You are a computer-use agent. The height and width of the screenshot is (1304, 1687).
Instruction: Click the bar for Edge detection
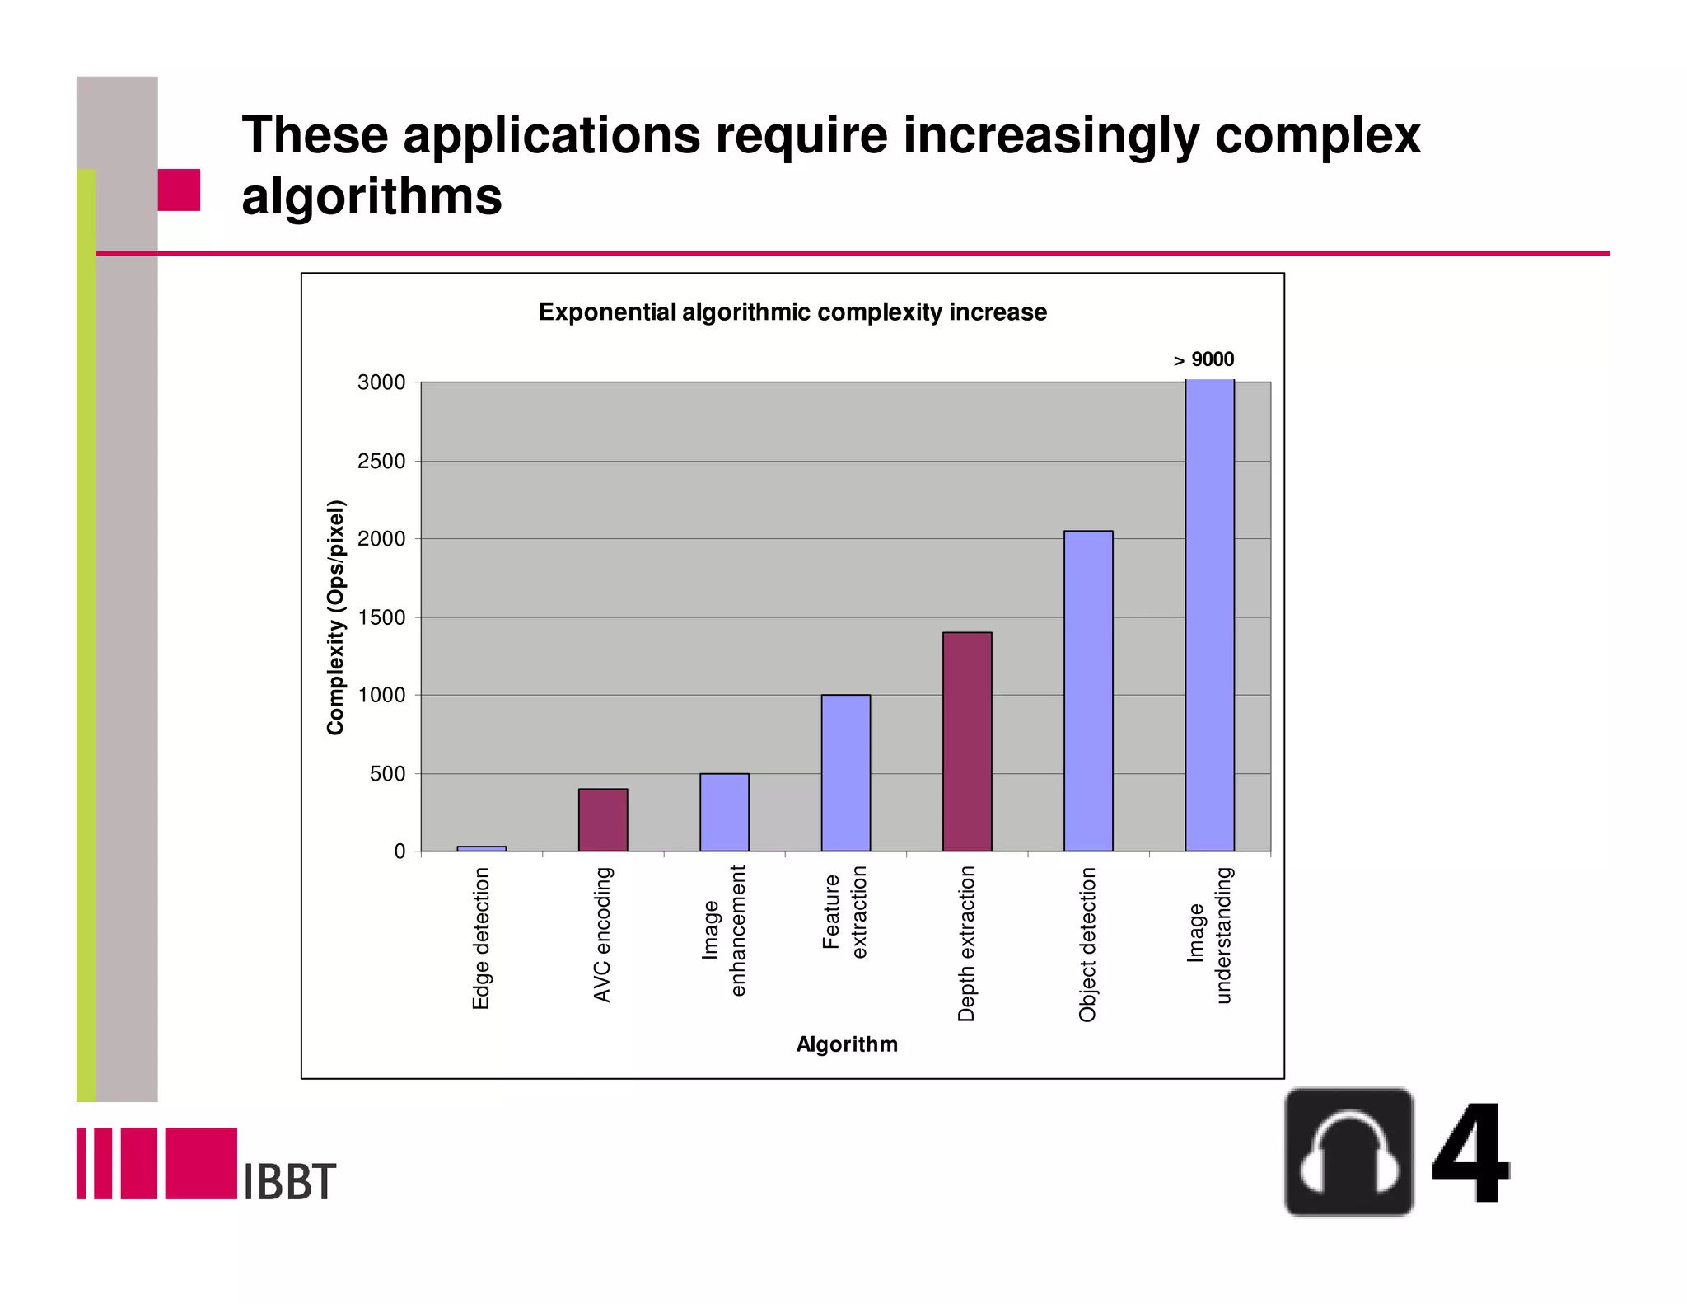pos(481,848)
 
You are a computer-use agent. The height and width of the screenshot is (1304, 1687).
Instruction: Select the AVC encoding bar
pos(603,819)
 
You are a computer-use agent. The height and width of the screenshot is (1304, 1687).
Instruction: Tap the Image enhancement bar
pos(724,812)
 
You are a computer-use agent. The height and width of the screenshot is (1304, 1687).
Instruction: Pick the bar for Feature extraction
pos(845,772)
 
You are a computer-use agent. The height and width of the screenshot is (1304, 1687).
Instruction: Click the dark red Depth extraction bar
pos(967,741)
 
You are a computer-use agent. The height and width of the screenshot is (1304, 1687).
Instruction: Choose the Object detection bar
pos(1088,691)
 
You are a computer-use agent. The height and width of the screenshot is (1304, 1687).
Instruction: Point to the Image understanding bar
pos(1209,615)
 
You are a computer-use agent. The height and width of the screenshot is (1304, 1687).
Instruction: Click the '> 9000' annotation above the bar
pos(1203,359)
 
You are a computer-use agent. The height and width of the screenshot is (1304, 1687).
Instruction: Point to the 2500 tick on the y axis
pos(381,461)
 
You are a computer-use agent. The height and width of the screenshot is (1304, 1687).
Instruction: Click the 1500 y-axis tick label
pos(381,617)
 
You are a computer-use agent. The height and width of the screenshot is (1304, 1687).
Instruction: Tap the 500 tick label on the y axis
pos(387,774)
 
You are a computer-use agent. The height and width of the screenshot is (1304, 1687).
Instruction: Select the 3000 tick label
pos(381,382)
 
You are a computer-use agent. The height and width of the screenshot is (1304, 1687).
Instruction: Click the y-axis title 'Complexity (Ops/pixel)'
pos(335,617)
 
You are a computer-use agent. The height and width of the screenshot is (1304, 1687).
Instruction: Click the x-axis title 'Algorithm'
pos(847,1044)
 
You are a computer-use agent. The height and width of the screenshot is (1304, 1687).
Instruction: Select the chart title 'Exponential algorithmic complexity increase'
pos(792,312)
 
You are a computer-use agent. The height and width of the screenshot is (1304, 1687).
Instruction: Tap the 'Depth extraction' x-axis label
pos(966,943)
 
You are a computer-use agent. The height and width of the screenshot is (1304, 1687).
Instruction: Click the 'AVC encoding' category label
pos(603,934)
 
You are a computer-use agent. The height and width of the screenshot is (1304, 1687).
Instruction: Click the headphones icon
pos(1349,1152)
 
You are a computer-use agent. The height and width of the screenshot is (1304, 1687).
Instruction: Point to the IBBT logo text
pos(290,1180)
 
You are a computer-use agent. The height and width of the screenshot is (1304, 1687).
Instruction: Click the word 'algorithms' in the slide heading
pos(372,196)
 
